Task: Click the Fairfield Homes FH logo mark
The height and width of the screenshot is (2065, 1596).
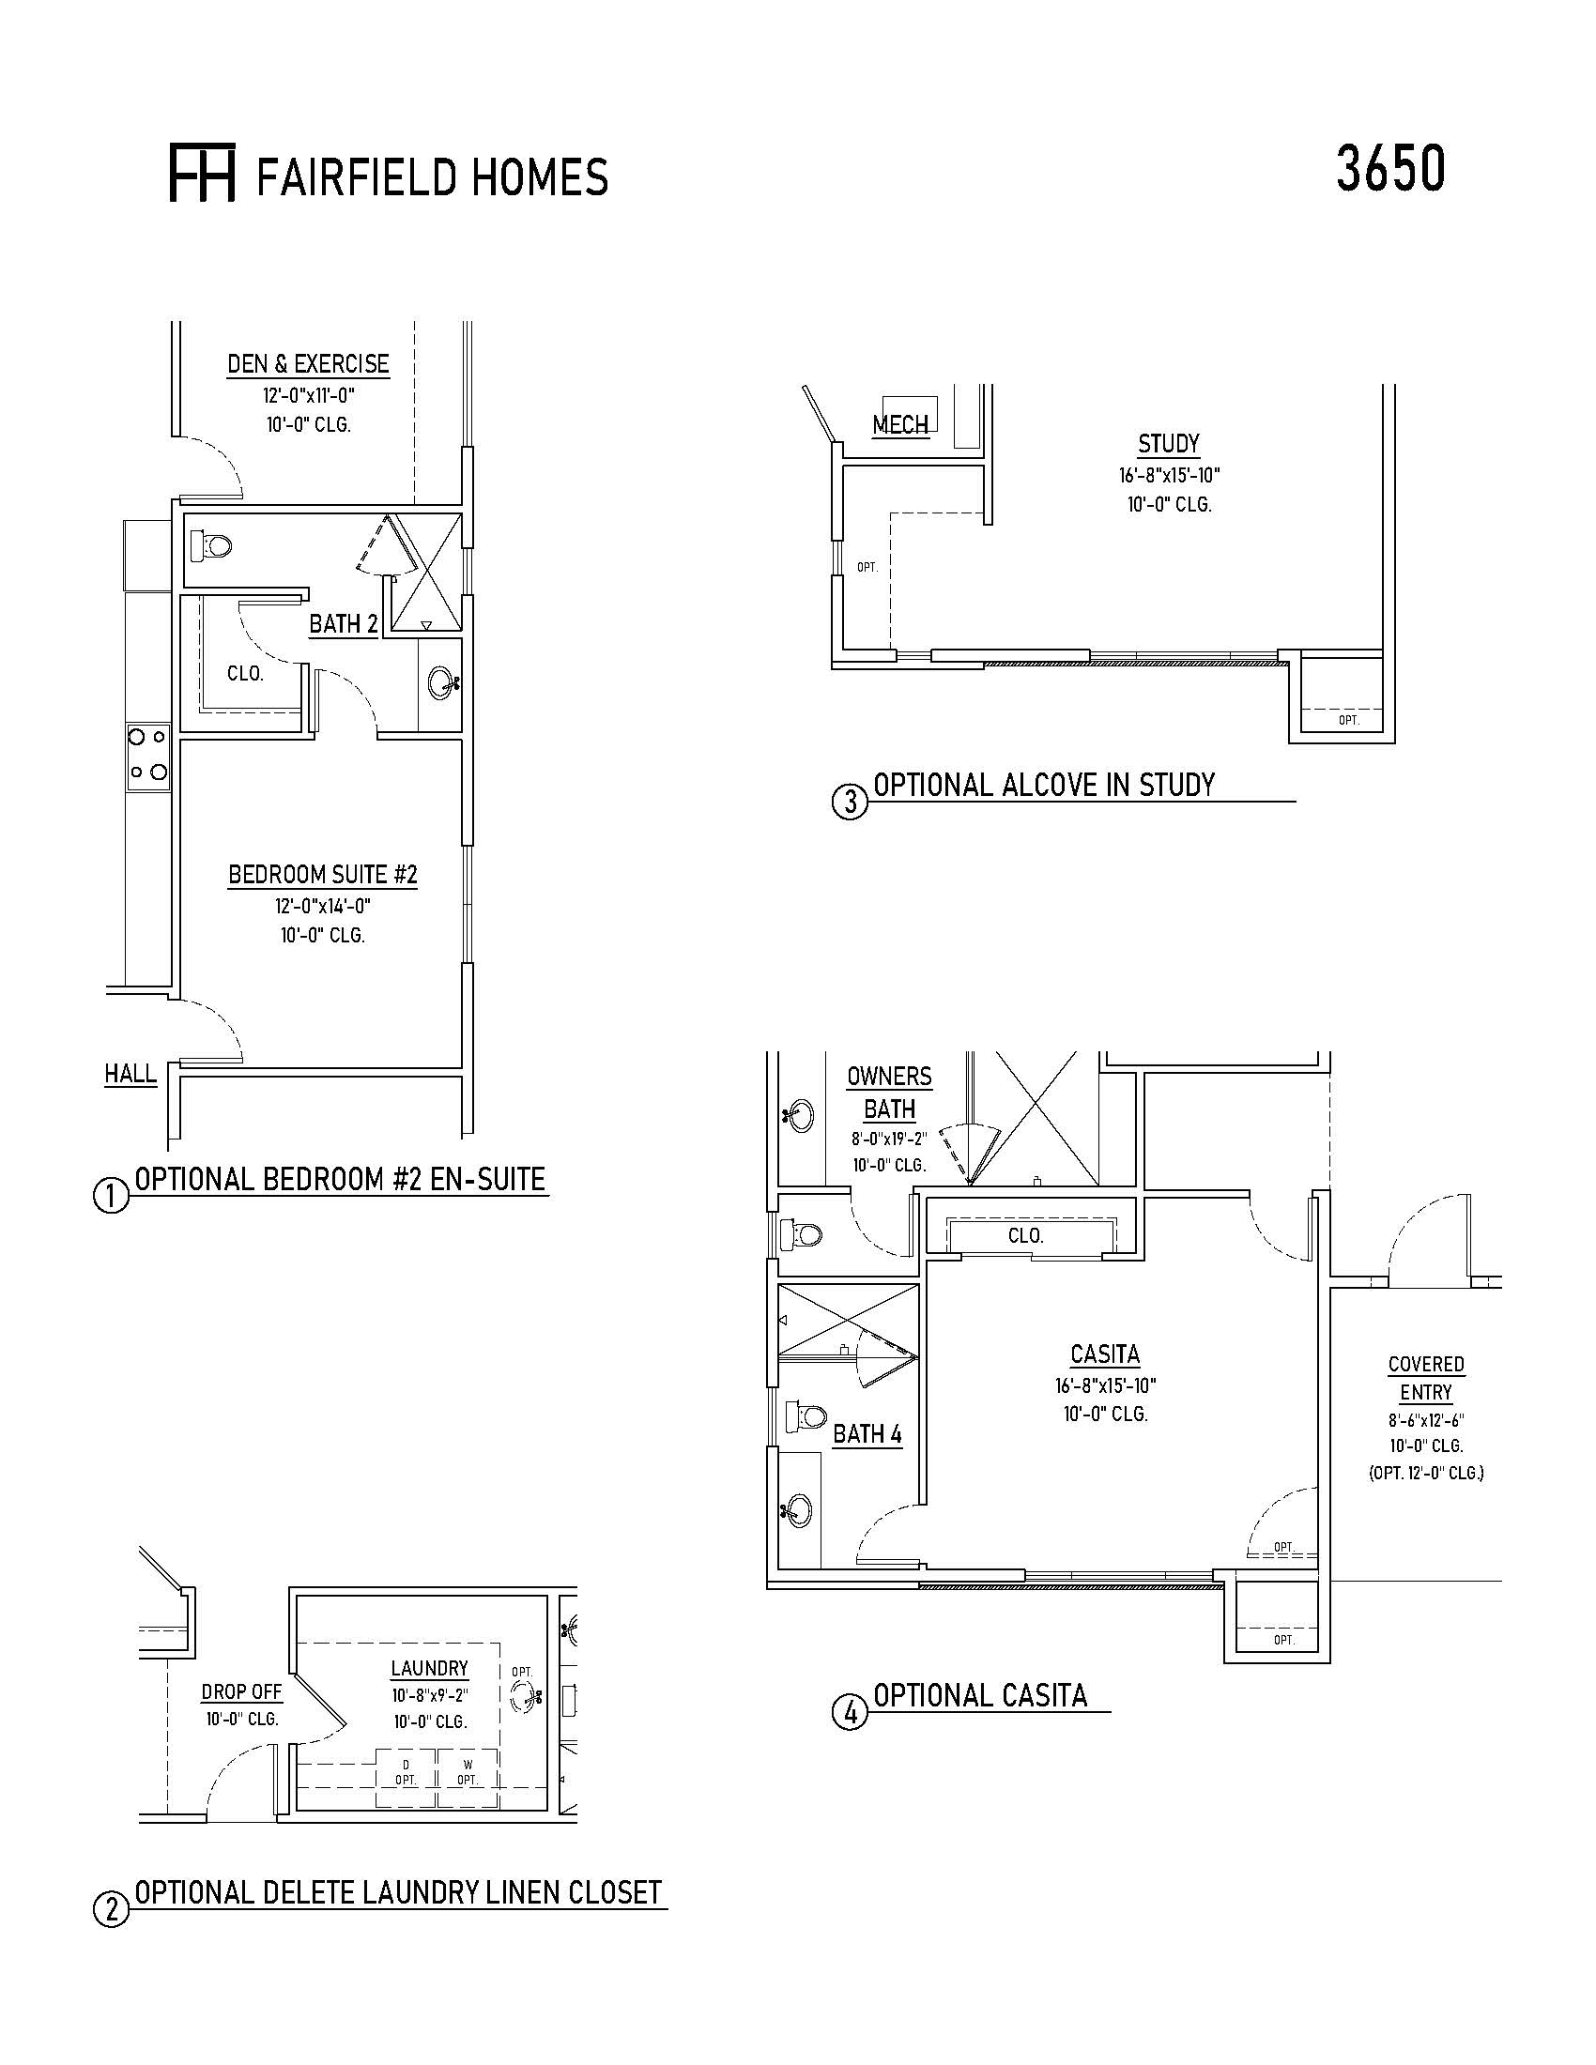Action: coord(202,173)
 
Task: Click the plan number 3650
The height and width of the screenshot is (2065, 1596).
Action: coord(1389,170)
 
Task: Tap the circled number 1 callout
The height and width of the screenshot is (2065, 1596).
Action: coord(111,1196)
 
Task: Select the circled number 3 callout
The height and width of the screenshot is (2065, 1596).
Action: coord(849,802)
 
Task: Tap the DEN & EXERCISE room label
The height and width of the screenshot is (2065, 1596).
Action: coord(308,364)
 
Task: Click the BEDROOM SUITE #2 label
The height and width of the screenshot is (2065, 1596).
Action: coord(322,875)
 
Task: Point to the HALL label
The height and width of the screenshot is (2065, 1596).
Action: coord(130,1073)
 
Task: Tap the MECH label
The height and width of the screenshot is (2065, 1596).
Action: coord(900,424)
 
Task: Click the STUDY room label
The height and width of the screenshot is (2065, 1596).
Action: coord(1169,443)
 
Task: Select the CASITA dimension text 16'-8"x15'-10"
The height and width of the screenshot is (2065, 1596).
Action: coord(1105,1386)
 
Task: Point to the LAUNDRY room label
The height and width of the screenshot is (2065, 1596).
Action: coord(430,1669)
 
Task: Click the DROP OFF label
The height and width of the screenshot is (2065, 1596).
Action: coord(241,1691)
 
